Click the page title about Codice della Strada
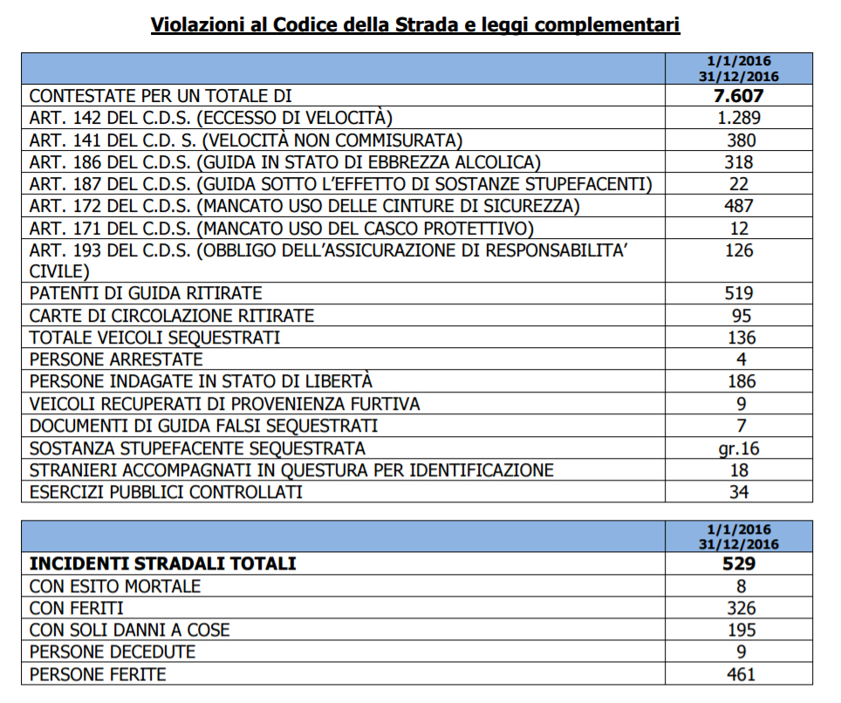tap(415, 24)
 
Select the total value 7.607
tap(739, 96)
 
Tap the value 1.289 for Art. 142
tap(739, 118)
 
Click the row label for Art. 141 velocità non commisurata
tap(245, 140)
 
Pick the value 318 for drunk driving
tap(739, 162)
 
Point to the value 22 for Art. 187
tap(739, 184)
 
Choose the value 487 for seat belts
tap(739, 207)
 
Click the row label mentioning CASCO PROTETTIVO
tap(281, 229)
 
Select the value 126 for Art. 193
tap(739, 251)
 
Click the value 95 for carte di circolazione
tap(739, 316)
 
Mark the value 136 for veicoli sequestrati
tap(739, 338)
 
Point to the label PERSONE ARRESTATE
tap(116, 359)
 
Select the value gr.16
tap(739, 448)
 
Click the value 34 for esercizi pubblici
tap(739, 493)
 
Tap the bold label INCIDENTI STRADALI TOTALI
tap(162, 564)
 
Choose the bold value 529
tap(739, 564)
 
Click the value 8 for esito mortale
tap(739, 586)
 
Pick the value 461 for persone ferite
tap(739, 674)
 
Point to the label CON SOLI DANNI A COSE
tap(129, 631)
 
